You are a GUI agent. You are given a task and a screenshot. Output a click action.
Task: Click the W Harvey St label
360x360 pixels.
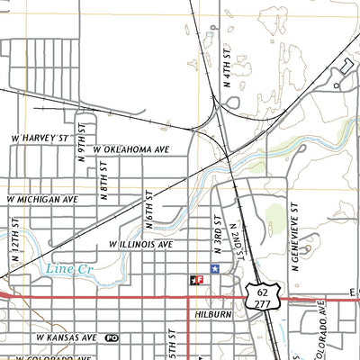click(40, 139)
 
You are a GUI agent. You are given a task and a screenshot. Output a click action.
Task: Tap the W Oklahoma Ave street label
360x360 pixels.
click(131, 148)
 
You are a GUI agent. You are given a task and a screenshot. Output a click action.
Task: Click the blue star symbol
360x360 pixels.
click(214, 268)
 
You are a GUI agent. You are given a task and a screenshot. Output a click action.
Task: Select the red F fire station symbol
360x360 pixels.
click(195, 280)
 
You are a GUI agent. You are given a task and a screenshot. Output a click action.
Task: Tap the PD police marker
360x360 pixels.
click(112, 337)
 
